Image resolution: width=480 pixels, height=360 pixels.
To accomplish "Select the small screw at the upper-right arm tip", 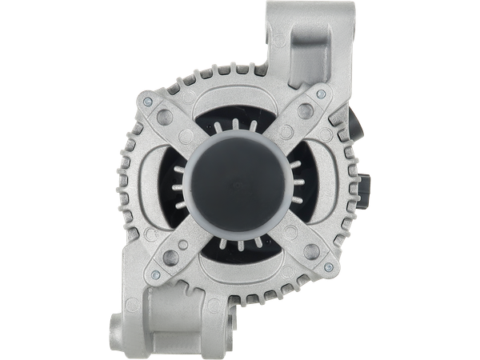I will (x=321, y=94).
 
